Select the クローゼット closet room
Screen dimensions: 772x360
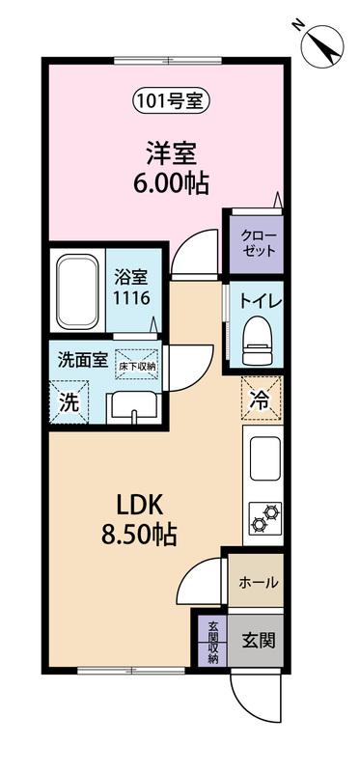[255, 242]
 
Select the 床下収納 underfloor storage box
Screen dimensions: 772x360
[137, 366]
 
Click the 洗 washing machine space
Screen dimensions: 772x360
[68, 404]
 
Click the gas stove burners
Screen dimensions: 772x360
[263, 517]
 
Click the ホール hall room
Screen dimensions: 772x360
[257, 582]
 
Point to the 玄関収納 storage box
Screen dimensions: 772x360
[212, 641]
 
